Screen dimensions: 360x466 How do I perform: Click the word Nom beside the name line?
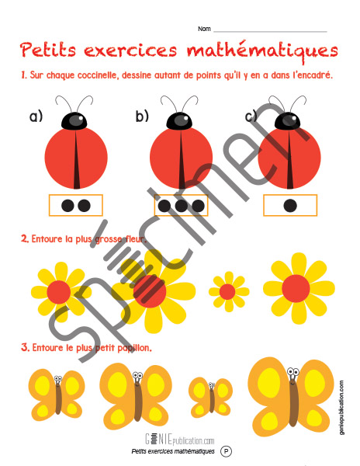(x=204, y=29)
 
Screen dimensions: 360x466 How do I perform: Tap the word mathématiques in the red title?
(x=262, y=50)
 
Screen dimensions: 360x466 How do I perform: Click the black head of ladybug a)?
(x=74, y=121)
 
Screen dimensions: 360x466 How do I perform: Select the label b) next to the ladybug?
(x=142, y=116)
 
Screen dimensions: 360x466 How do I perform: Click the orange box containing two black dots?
(x=76, y=205)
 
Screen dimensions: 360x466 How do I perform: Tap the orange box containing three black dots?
(x=181, y=205)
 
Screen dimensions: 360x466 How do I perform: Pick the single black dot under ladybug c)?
(x=290, y=205)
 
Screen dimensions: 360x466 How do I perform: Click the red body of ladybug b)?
(x=181, y=158)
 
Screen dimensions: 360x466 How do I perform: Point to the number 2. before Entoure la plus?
(x=25, y=238)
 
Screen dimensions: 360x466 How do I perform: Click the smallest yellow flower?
(x=229, y=291)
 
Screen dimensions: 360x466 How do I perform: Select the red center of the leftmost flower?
(x=59, y=292)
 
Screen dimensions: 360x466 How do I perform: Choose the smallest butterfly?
(x=211, y=398)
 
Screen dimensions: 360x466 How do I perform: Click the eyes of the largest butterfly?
(x=293, y=372)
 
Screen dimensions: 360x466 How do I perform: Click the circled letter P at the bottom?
(x=226, y=451)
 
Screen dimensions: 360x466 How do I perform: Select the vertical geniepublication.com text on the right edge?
(x=342, y=408)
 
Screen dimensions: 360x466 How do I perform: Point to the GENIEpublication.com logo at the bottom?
(x=179, y=439)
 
